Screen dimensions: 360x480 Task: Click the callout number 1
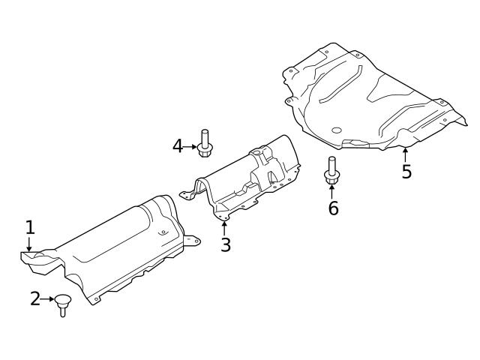click(x=29, y=227)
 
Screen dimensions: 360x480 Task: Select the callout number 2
click(x=35, y=299)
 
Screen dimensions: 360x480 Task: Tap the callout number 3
click(x=225, y=244)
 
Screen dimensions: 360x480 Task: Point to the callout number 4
click(x=178, y=145)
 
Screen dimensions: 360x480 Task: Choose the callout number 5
click(x=406, y=172)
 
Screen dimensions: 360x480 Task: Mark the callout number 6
click(x=333, y=208)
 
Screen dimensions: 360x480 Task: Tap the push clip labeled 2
click(x=63, y=304)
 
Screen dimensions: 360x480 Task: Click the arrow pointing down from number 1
click(x=29, y=244)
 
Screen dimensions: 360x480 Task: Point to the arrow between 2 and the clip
click(x=47, y=299)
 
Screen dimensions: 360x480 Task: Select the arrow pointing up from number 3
click(x=224, y=226)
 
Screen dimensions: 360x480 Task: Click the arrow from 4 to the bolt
click(x=190, y=145)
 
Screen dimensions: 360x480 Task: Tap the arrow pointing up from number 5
click(x=406, y=154)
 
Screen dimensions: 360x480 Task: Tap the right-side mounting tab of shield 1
click(x=193, y=241)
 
